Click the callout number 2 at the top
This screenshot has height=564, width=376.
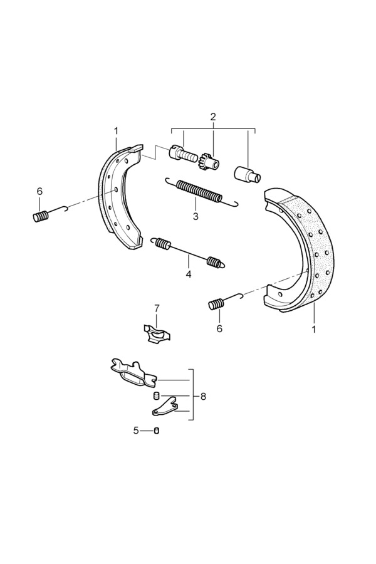pos(213,117)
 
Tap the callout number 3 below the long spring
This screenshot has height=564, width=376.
pos(196,216)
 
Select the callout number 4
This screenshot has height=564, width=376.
pos(187,274)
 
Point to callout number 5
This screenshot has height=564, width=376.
pos(135,431)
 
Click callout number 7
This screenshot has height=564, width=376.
pos(157,308)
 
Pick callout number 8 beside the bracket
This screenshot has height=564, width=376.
pos(203,397)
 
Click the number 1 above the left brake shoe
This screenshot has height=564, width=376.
pos(116,131)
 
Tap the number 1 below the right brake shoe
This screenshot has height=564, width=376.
pos(314,328)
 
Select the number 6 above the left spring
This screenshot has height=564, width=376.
pos(39,191)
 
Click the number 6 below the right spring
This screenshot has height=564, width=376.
pos(219,328)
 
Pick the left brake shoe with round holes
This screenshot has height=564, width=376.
pos(116,194)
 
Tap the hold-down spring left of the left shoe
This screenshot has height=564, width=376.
pos(41,216)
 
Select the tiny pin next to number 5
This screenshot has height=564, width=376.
pos(157,431)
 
